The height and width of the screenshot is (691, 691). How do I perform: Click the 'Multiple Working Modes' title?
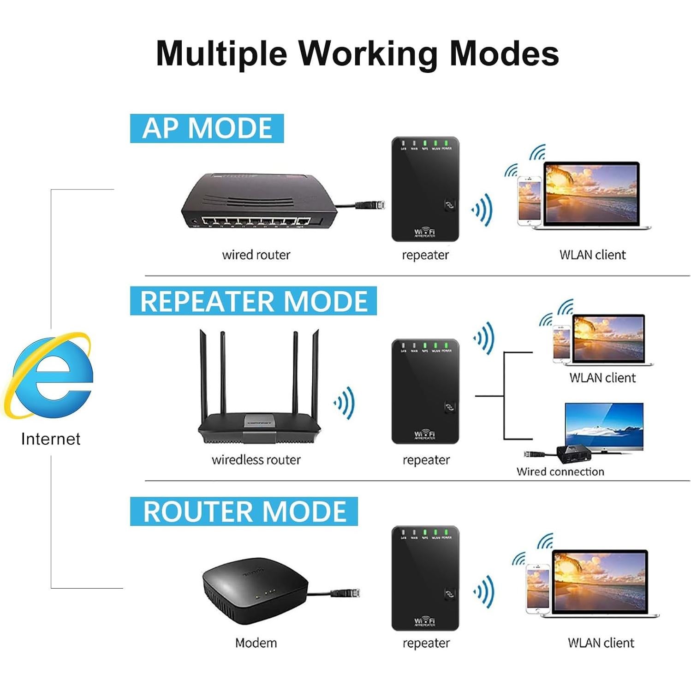tap(357, 54)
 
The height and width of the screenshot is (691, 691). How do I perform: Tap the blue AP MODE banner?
tap(207, 128)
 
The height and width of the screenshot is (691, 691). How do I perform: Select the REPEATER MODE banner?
tap(253, 301)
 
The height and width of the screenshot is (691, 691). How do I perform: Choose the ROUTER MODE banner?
tap(244, 511)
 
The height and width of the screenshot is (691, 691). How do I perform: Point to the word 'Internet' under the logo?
tap(51, 439)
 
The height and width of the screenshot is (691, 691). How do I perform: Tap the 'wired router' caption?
tap(256, 255)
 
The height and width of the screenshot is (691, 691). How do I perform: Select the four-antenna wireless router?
tap(259, 406)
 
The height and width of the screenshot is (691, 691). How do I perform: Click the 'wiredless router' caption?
tap(256, 460)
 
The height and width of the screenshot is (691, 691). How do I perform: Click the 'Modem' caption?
tap(256, 643)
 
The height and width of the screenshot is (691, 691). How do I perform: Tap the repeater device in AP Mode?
tap(425, 189)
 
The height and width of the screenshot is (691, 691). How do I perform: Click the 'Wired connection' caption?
tap(560, 471)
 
